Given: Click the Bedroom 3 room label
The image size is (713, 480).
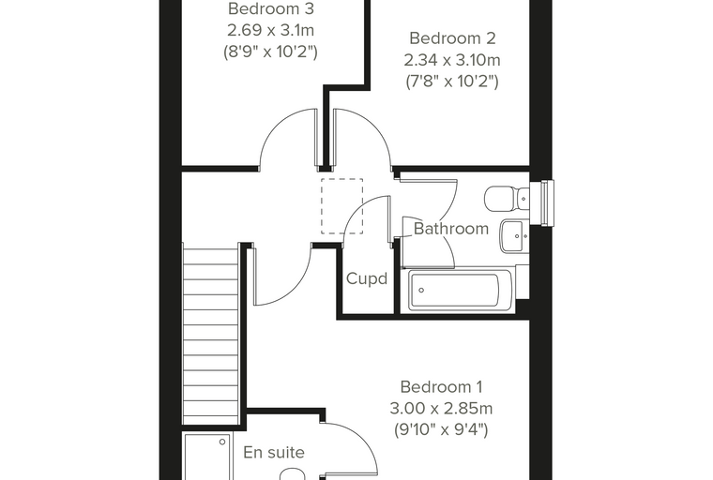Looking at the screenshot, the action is tap(270, 8).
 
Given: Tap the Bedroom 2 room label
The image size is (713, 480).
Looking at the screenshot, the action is tap(452, 38).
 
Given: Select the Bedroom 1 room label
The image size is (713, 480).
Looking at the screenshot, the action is tap(441, 387).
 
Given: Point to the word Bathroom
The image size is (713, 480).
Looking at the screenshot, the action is tap(451, 228).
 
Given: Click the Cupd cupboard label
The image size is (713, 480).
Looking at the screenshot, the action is tap(367, 278).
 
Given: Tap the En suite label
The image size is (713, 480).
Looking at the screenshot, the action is tap(274, 452).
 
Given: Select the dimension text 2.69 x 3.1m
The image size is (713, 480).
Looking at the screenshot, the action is tap(270, 30).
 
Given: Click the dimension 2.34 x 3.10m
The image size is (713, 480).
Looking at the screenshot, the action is tap(452, 60).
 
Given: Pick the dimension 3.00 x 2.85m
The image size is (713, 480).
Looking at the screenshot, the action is tap(441, 408).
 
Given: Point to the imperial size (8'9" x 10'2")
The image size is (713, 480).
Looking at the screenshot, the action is tap(270, 52).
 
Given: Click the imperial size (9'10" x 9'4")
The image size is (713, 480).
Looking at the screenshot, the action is tap(441, 429).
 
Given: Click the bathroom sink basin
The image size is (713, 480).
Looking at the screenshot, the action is tap(515, 235).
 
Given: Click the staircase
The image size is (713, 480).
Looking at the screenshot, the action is tap(210, 334).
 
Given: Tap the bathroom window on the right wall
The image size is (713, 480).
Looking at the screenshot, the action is tap(547, 202).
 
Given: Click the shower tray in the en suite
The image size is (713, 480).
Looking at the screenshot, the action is tap(207, 457).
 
